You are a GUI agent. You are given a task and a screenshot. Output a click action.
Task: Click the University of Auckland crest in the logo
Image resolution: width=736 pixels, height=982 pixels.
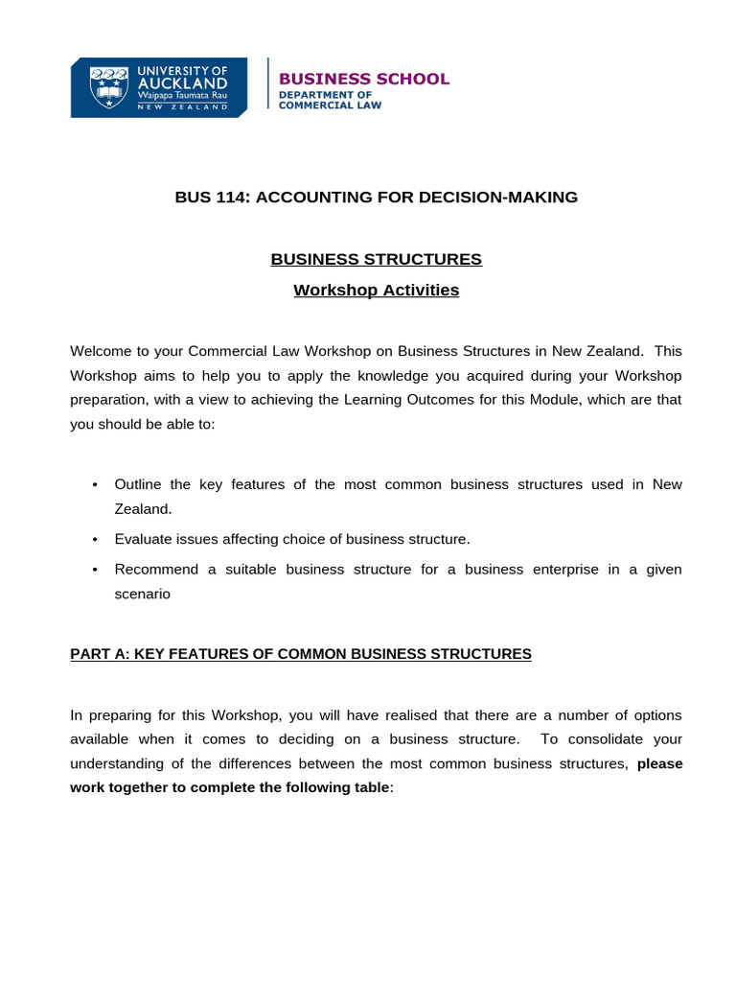(107, 87)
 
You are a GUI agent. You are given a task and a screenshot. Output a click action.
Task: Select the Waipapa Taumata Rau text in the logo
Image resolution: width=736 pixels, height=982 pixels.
(182, 97)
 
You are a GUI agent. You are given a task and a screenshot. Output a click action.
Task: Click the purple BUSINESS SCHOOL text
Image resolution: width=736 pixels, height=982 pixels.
(363, 79)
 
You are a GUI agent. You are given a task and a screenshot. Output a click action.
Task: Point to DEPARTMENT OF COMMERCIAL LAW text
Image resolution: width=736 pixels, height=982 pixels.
(329, 101)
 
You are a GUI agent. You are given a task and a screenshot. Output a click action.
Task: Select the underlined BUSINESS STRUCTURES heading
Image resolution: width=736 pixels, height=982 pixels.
(376, 259)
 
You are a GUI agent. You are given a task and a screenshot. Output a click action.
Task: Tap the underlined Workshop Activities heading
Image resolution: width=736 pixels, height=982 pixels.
(376, 290)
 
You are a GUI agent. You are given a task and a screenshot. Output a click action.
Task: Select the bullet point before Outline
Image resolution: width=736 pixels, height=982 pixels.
(95, 485)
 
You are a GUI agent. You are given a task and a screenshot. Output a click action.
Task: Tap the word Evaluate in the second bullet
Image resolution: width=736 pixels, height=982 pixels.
(144, 539)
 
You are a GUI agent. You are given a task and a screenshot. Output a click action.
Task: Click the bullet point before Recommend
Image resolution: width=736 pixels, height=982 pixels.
(95, 570)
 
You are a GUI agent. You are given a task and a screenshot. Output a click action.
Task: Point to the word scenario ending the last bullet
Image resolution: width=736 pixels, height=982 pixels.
(142, 594)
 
